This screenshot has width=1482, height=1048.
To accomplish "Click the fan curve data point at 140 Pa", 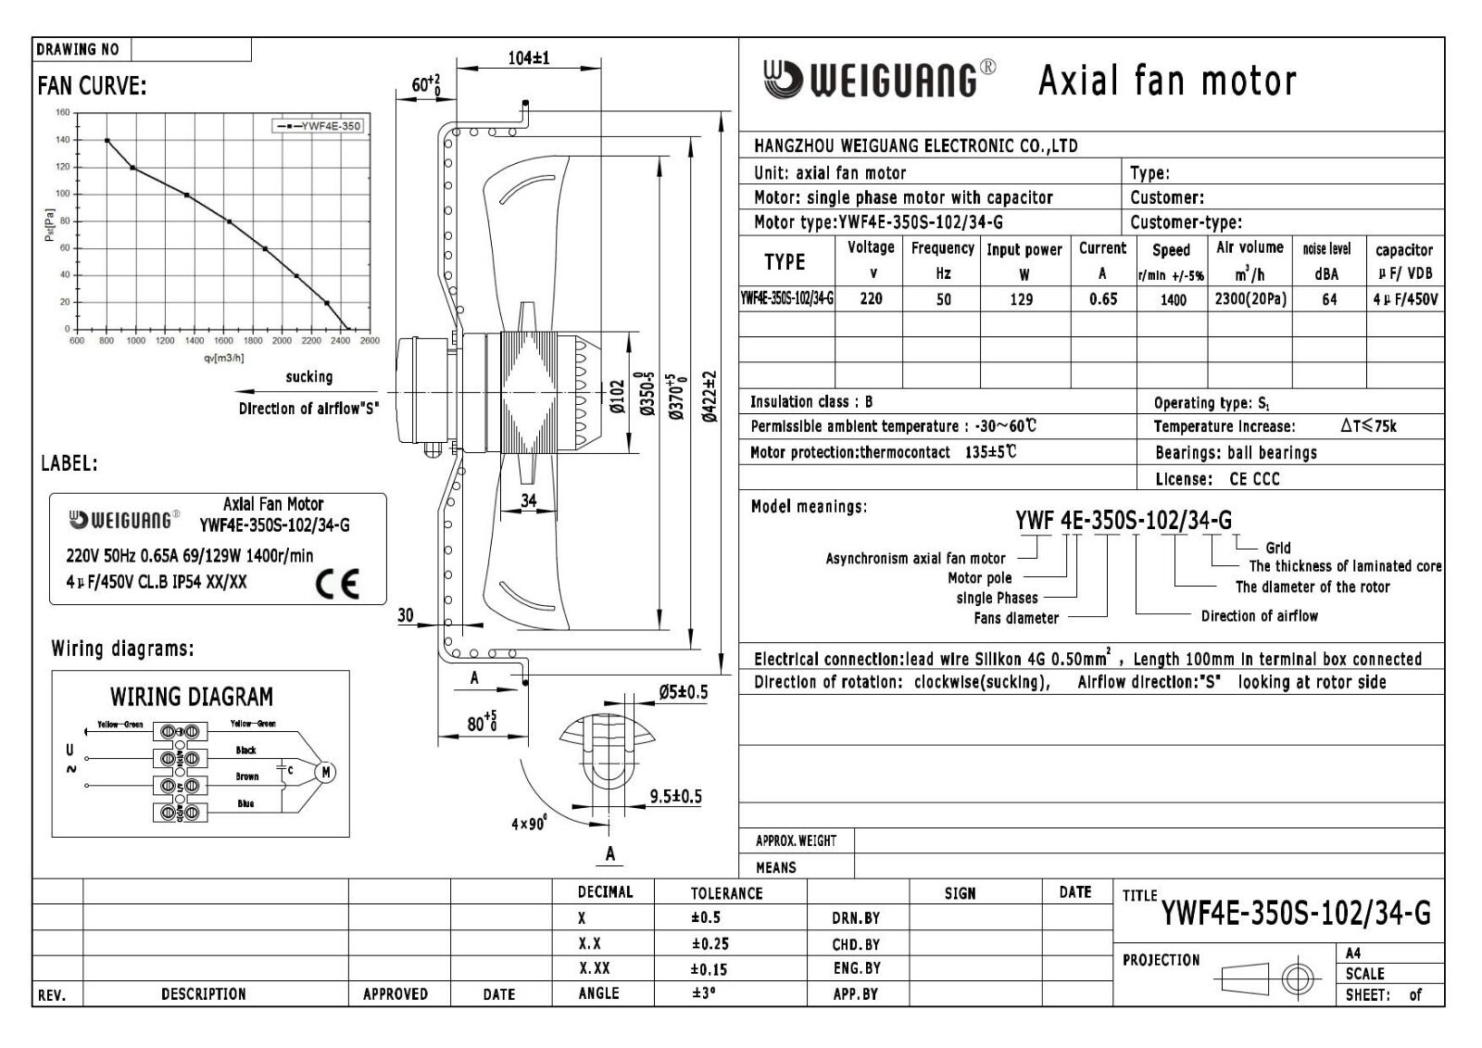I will tap(107, 140).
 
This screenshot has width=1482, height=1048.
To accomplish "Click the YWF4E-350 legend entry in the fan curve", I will tap(317, 126).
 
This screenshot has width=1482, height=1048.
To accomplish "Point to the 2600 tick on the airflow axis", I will tap(370, 341).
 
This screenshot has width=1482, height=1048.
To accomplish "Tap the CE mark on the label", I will tap(336, 584).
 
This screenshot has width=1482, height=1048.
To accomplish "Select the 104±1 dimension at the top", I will tap(528, 57).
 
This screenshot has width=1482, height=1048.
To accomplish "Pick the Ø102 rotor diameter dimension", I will tap(617, 397).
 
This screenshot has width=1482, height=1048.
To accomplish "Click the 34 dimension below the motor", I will tap(528, 500).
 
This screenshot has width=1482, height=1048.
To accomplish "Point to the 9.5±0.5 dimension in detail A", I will tap(675, 796).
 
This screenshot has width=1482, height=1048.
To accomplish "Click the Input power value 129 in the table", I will tap(1022, 299).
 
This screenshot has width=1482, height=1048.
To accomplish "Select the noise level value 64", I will tap(1328, 299).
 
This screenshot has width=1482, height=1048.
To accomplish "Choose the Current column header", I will tap(1102, 248).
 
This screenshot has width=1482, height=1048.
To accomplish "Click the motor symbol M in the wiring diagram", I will tap(325, 772).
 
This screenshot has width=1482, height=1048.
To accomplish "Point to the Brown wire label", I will tap(246, 777).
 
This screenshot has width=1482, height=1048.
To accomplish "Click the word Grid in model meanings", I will tap(1277, 548).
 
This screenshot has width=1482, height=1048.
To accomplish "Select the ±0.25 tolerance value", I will tap(709, 944).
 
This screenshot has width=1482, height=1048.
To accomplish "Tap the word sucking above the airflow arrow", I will tap(308, 377).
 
